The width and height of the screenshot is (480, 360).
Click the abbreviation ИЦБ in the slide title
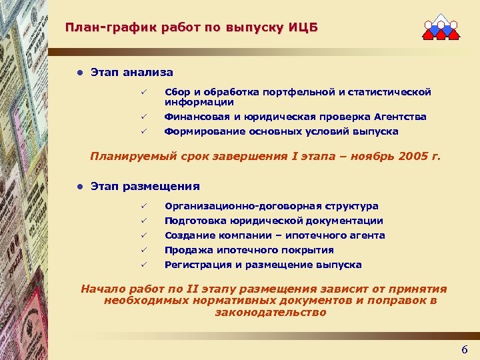304,28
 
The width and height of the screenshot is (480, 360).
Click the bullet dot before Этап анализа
79,72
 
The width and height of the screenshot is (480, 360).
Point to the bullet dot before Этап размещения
79,187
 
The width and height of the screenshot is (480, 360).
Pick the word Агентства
398,117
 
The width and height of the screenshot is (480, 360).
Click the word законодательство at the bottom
271,313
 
